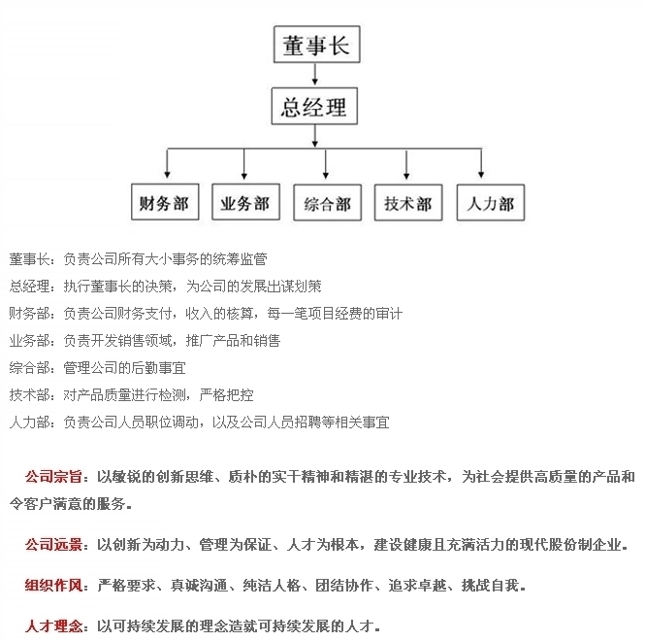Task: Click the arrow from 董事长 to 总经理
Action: coord(315,75)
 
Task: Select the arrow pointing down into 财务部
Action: coord(167,163)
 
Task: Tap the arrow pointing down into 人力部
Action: coord(481,163)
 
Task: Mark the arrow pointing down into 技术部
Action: coord(406,164)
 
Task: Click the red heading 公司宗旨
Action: coord(53,477)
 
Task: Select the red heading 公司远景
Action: coord(53,545)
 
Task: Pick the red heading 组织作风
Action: coord(53,585)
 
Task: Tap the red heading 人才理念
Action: coord(53,626)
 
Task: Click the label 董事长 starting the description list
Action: coord(30,259)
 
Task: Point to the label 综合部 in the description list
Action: coord(30,368)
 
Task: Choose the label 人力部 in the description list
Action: coord(30,422)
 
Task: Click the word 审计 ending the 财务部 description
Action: coord(389,314)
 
